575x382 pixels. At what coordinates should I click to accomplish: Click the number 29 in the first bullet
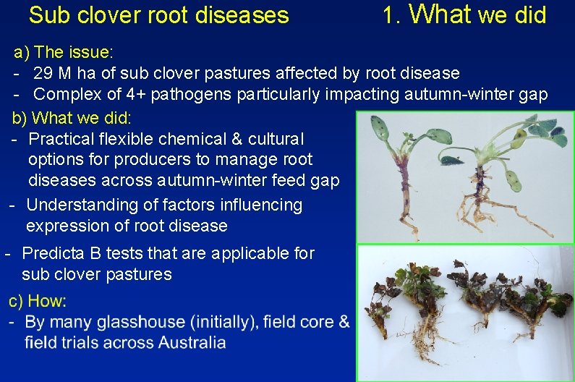[x=43, y=73]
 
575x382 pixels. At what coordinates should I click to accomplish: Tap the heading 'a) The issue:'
[x=64, y=52]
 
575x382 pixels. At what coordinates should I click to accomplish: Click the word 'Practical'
[x=61, y=138]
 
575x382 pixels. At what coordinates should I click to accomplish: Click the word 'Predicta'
[x=53, y=253]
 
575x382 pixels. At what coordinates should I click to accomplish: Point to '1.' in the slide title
[x=392, y=14]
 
